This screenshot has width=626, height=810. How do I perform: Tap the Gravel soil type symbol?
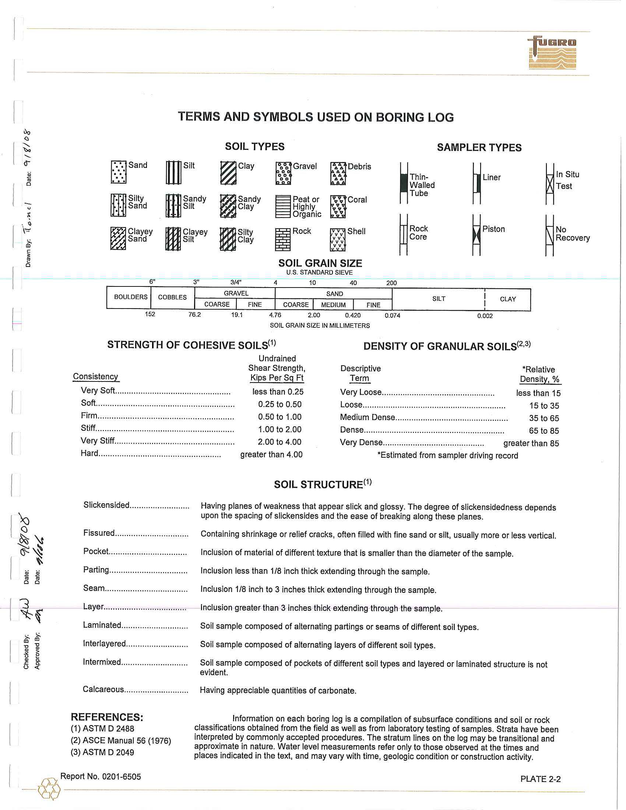point(283,173)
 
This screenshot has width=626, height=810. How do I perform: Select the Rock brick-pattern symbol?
point(282,240)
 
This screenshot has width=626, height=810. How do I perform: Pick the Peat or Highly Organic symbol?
point(283,207)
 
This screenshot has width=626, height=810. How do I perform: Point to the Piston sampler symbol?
point(476,235)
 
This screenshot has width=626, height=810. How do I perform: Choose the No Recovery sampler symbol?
point(549,236)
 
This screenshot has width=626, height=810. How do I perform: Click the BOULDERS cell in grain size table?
point(131,297)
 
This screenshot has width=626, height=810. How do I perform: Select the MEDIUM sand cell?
point(333,305)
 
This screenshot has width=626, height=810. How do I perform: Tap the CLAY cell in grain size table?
point(508,299)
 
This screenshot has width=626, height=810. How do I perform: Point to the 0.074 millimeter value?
point(393,316)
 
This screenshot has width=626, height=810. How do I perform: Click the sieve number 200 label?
point(391,283)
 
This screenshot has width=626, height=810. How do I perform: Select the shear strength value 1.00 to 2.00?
point(279,429)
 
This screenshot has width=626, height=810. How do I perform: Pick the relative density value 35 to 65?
point(544,418)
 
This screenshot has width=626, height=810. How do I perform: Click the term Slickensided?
point(106,505)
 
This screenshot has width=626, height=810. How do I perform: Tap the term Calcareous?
point(103,690)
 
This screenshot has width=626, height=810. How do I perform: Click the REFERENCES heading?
point(107,717)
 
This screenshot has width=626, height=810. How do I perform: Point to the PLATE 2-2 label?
point(540,779)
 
